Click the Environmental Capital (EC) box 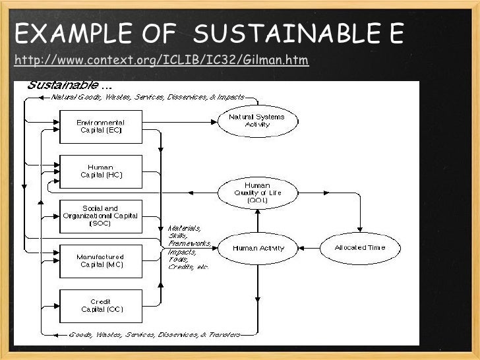click(x=100, y=127)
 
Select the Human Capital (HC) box click(x=100, y=171)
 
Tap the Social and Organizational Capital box click(x=100, y=216)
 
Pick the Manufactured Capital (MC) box click(x=100, y=260)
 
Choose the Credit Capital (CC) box click(x=100, y=306)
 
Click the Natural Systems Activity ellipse click(x=257, y=121)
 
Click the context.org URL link click(x=161, y=61)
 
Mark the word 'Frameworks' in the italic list click(x=189, y=243)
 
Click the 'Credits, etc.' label click(x=188, y=266)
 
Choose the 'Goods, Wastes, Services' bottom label click(x=112, y=335)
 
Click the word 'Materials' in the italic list click(x=185, y=228)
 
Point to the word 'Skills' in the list click(x=177, y=235)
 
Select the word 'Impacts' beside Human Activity click(x=181, y=251)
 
